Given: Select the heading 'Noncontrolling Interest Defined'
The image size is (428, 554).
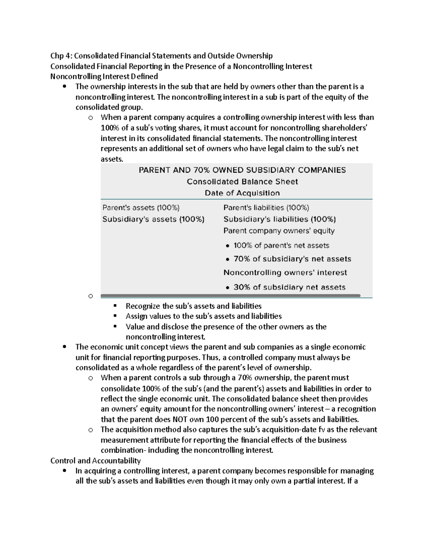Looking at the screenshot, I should tap(104, 76).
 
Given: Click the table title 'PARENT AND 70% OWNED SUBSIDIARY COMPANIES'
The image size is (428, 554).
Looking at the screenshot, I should tap(242, 170).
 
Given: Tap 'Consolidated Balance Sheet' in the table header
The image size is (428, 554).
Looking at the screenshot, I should tap(242, 182).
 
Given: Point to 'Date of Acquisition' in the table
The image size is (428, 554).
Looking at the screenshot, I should tap(242, 193).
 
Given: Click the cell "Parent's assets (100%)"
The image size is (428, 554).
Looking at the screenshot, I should tap(141, 208).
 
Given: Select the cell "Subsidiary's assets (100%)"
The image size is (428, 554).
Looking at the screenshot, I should tap(153, 219).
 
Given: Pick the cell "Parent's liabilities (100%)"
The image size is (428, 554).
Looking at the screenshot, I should tap(266, 208).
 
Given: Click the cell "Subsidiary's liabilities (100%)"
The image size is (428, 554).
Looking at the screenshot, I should tap(280, 219).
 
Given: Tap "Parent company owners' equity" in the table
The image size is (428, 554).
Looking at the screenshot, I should tap(279, 231).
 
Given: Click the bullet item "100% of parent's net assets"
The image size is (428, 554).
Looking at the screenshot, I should tap(281, 245).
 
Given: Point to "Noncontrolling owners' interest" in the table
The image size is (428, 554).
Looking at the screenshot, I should tap(285, 273).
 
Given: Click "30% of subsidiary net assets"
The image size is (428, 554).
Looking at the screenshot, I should tap(289, 287).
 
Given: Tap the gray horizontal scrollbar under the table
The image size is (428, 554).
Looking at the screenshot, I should tap(230, 296).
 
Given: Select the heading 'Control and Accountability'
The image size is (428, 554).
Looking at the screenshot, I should tap(96, 461).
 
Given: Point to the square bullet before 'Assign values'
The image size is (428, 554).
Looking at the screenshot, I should tap(115, 316).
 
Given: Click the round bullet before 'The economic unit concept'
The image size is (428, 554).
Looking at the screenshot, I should tap(64, 347).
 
